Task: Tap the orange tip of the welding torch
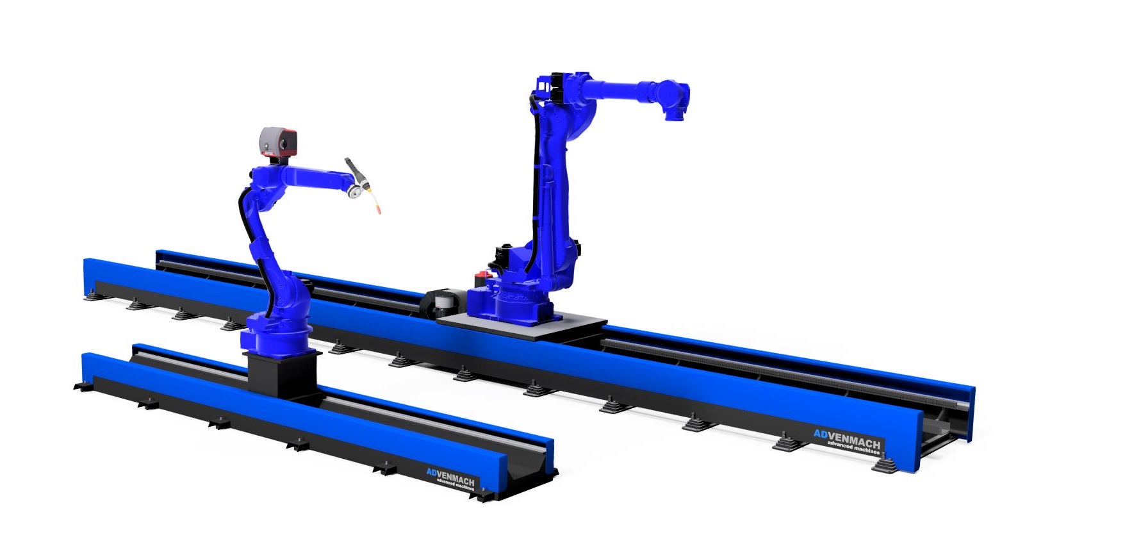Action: (x=379, y=209)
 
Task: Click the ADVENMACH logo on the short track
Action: (x=450, y=476)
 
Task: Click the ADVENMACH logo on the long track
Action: (x=847, y=438)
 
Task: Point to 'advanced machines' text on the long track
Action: (x=853, y=447)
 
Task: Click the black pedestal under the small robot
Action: (x=283, y=373)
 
